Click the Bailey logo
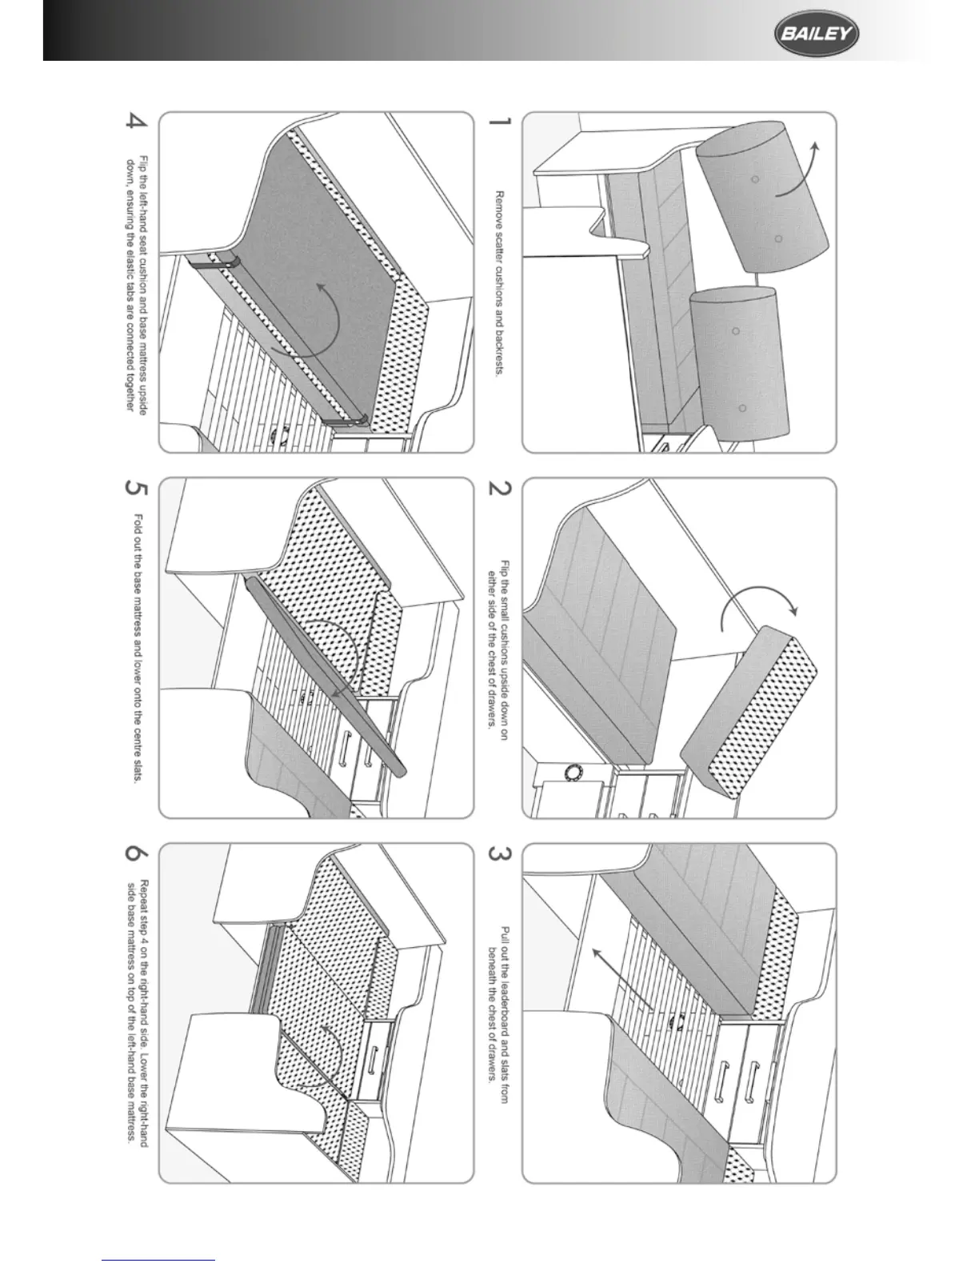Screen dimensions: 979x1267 815,35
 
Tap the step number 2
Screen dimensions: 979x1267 498,490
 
